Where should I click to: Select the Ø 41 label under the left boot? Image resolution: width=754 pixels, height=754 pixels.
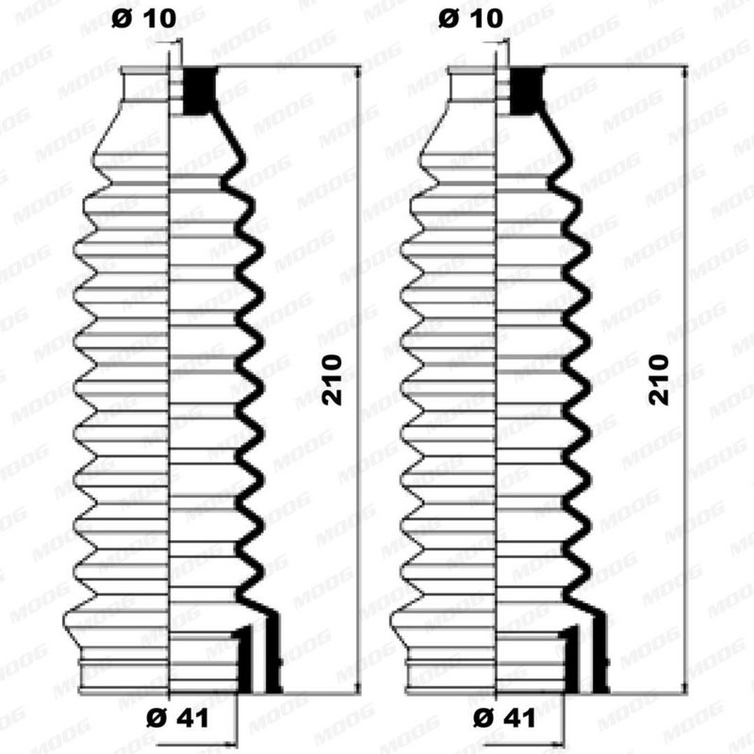177,718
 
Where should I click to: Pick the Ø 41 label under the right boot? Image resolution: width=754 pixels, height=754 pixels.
505,718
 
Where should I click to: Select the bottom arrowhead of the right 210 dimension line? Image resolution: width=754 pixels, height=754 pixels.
685,688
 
